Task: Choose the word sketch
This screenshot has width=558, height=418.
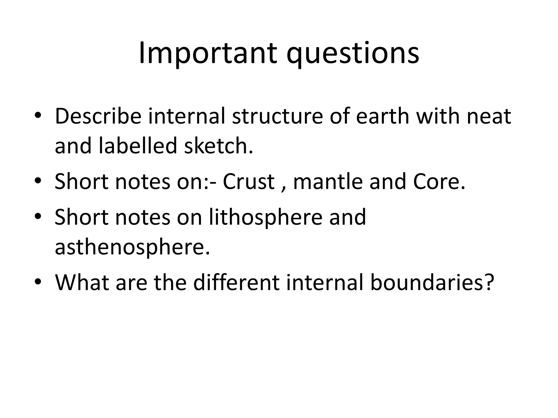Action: [218, 146]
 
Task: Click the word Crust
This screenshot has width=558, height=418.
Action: [248, 182]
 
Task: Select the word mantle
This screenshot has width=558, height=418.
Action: [328, 182]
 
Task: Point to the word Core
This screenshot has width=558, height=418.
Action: [439, 182]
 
